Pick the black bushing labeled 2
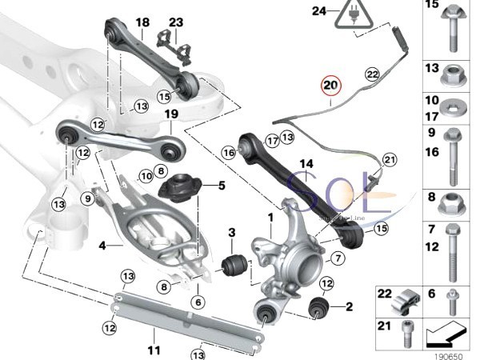click(319, 306)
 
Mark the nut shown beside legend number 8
click(454, 198)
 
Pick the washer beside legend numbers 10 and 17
click(454, 109)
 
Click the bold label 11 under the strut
click(154, 350)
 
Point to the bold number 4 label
click(102, 246)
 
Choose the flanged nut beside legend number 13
click(454, 74)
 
